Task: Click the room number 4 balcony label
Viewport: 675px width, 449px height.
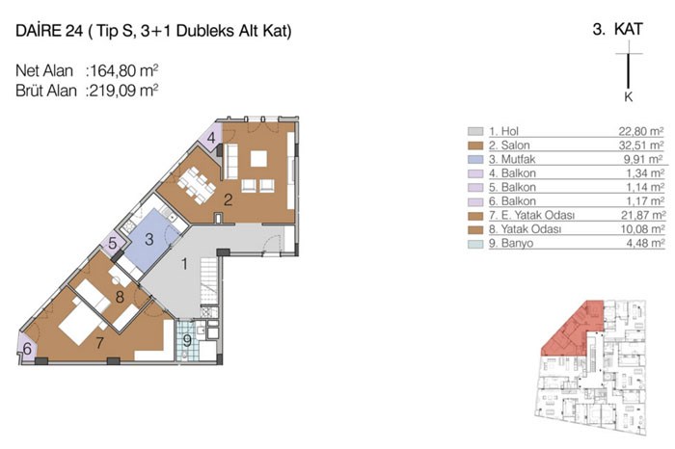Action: [211, 138]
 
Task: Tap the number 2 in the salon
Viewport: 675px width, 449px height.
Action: [229, 199]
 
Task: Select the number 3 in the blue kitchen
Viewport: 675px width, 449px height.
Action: [148, 239]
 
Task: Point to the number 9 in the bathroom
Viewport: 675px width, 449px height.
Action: [187, 341]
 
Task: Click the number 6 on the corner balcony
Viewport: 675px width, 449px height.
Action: [27, 349]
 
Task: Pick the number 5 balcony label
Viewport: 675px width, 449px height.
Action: [113, 243]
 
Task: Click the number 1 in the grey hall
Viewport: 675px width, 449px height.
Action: [184, 264]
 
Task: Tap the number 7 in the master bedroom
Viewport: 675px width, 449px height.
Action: [100, 343]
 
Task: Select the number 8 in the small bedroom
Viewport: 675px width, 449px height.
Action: [120, 297]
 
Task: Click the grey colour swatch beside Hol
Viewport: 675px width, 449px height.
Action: [475, 131]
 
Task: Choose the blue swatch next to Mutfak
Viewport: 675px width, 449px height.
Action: [475, 159]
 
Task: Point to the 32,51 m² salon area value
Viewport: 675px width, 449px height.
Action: [641, 145]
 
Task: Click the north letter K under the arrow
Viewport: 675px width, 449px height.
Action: [629, 96]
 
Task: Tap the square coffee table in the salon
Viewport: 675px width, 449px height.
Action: [258, 159]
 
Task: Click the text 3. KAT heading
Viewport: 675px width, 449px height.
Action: [618, 29]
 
